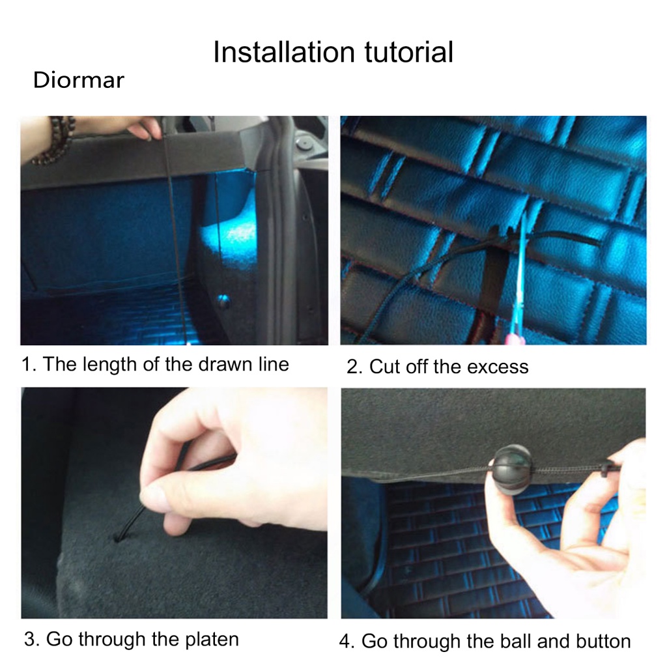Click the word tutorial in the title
coord(409,52)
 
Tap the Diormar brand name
coord(79,80)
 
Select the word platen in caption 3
coord(212,640)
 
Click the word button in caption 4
coord(603,642)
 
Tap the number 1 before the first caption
coord(27,365)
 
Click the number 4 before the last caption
coord(345,642)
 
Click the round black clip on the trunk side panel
coord(223,301)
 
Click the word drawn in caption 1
coord(225,365)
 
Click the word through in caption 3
coord(112,640)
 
